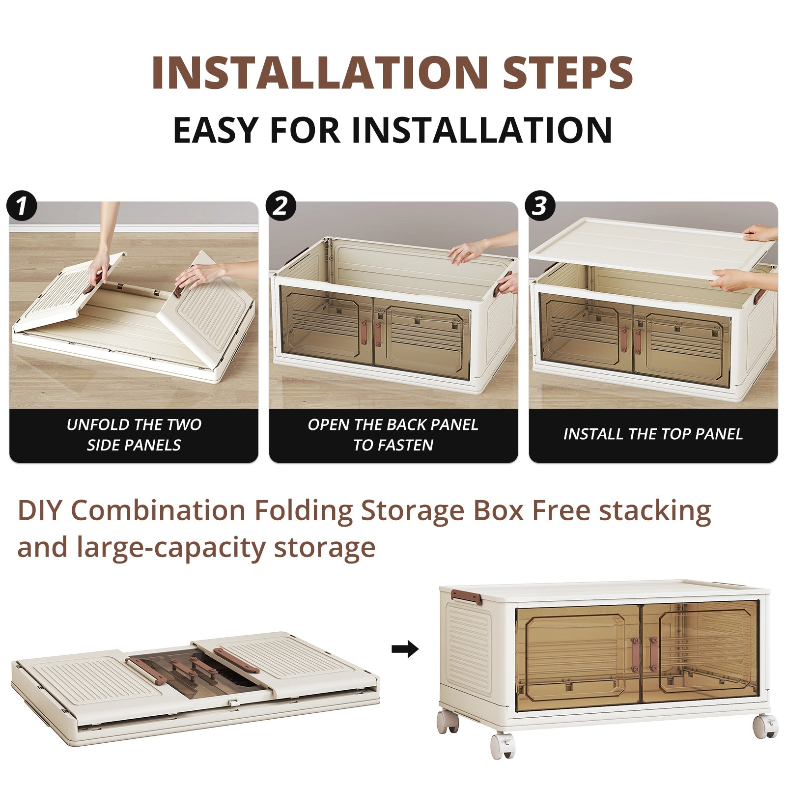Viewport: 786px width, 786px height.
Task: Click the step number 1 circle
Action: (22, 205)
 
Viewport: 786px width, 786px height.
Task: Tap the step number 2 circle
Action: (281, 205)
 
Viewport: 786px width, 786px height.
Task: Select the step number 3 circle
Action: (540, 205)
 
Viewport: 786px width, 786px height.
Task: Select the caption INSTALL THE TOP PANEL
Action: (653, 434)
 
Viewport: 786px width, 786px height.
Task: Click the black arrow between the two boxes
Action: (405, 649)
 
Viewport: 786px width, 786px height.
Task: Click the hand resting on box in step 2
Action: (467, 253)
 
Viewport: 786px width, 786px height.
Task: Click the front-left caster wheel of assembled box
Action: (503, 746)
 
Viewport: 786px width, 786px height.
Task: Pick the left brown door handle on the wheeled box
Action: (635, 655)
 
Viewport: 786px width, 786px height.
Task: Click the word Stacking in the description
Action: (654, 511)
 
